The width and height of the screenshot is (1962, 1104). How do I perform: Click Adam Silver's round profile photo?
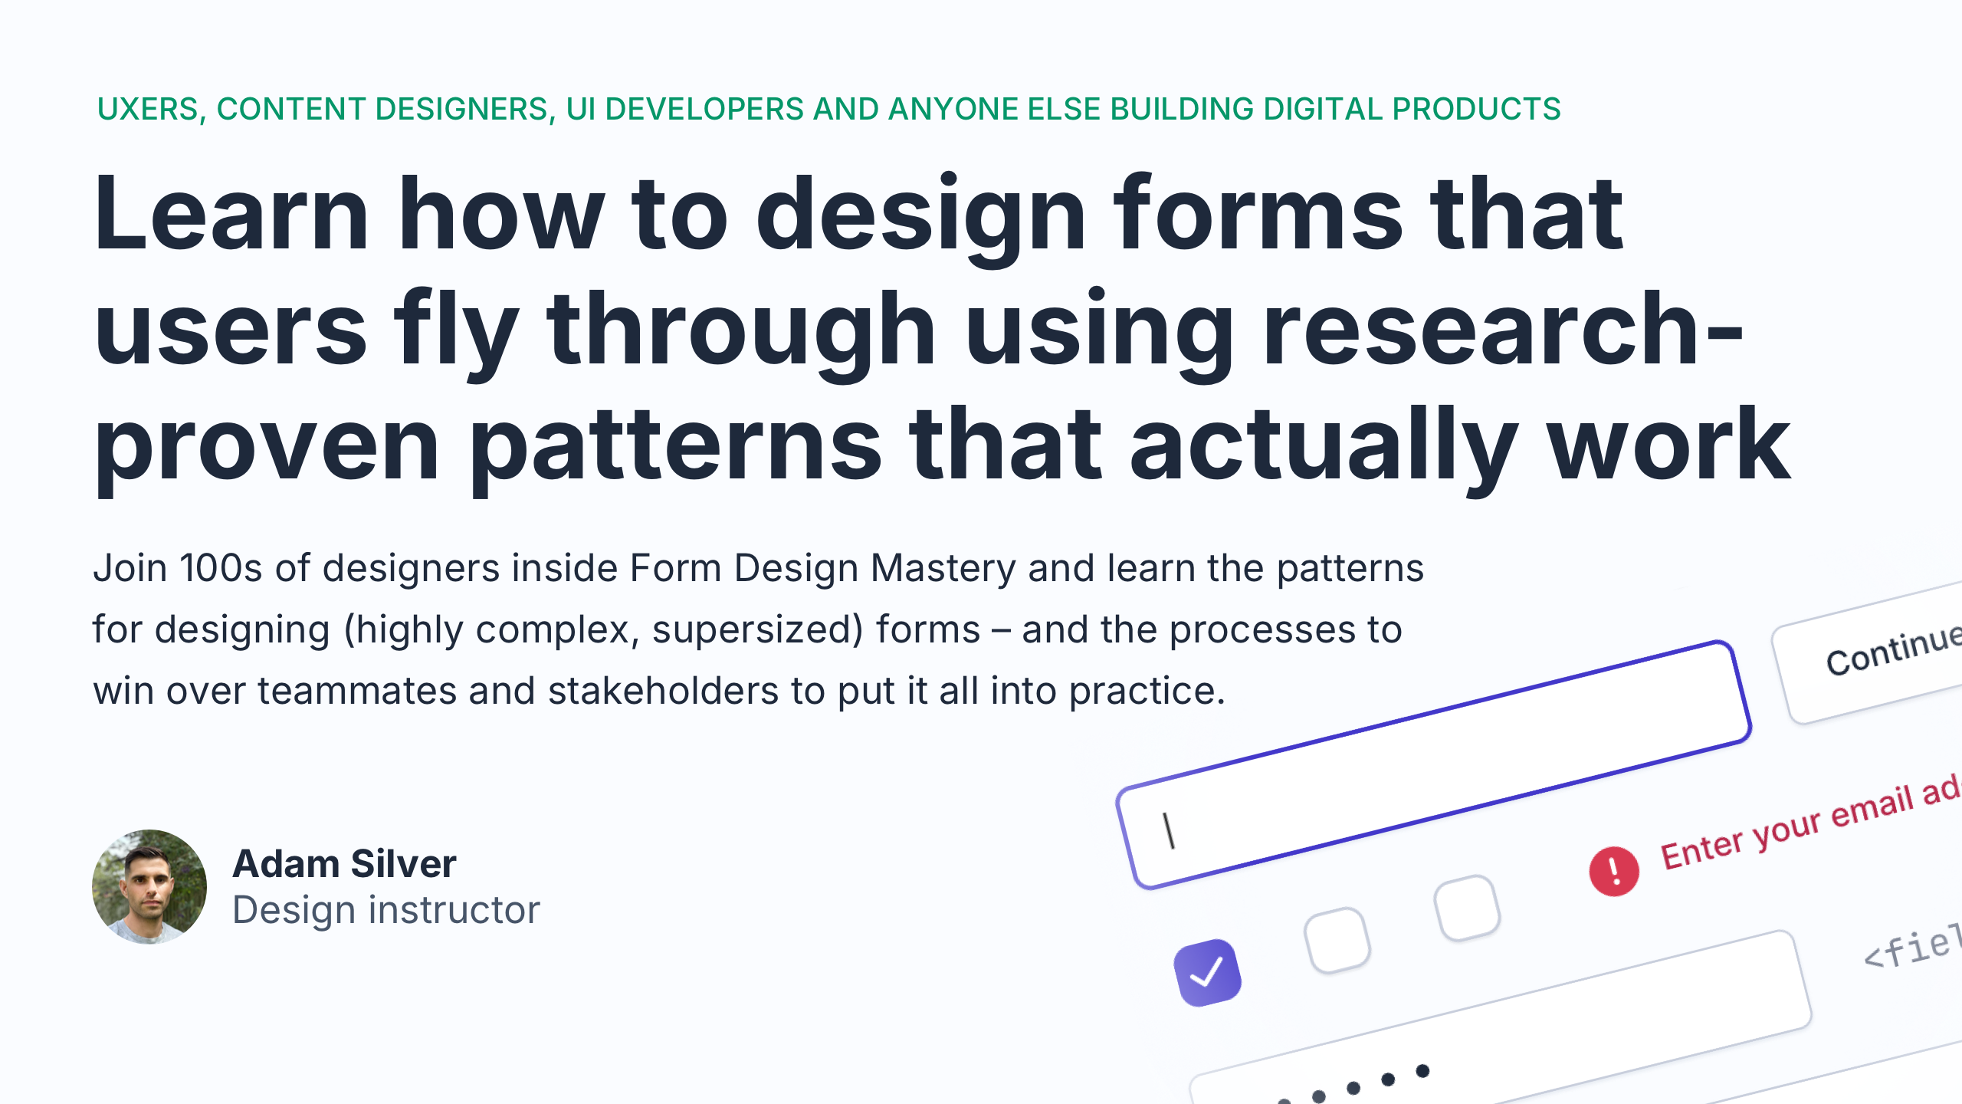coord(149,886)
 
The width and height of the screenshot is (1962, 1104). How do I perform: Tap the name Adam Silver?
coord(344,864)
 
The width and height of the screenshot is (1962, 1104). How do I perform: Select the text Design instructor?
coord(386,911)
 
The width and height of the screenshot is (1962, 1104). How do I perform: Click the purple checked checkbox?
coord(1207,972)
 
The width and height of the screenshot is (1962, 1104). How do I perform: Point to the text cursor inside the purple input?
coord(1169,831)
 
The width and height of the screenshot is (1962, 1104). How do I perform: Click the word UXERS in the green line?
coord(148,110)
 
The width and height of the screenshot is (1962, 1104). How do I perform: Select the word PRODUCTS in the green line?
coord(1477,110)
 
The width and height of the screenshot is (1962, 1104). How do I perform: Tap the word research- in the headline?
coord(1502,331)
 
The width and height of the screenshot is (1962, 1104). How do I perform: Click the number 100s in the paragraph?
coord(221,569)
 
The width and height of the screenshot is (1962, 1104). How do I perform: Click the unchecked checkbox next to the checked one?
coord(1337,940)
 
